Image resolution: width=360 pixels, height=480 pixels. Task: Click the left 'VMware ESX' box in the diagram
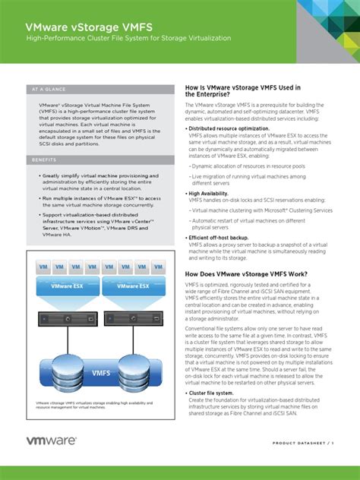(x=67, y=286)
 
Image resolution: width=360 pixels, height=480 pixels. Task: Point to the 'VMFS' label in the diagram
(x=100, y=373)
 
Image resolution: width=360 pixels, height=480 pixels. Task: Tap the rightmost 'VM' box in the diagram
(x=157, y=268)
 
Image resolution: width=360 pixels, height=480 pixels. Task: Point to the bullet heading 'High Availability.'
(x=210, y=194)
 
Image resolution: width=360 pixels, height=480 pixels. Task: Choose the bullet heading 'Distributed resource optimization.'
(x=229, y=129)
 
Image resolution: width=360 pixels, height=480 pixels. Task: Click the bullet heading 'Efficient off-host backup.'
(x=219, y=238)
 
